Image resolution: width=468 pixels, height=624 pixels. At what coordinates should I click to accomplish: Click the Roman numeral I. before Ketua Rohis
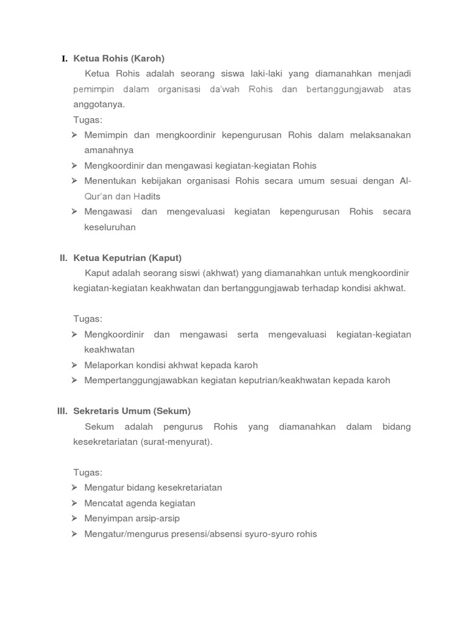coord(65,58)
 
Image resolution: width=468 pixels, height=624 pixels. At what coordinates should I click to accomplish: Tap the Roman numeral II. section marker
coord(63,258)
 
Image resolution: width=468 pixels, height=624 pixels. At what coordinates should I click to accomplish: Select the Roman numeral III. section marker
coord(63,411)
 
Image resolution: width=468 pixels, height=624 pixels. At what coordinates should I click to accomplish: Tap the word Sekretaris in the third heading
coord(96,411)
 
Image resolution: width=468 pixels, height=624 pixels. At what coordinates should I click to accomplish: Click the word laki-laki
coord(265,74)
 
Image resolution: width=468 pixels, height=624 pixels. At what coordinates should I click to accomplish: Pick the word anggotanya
coord(99,104)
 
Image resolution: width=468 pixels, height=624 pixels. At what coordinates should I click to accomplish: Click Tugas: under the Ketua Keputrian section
coord(88,319)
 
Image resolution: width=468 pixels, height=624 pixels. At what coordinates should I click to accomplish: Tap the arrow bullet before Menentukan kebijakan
coord(74,181)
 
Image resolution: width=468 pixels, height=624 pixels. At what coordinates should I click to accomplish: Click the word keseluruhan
coord(110,227)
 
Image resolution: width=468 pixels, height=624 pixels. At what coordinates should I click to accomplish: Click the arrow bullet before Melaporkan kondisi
coord(74,365)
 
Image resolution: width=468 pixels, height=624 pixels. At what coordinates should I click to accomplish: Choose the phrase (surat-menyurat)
coord(177,442)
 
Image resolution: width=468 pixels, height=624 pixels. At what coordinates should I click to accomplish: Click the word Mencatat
coord(104,503)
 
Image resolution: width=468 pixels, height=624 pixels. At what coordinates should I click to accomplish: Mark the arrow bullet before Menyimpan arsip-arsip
coord(74,519)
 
